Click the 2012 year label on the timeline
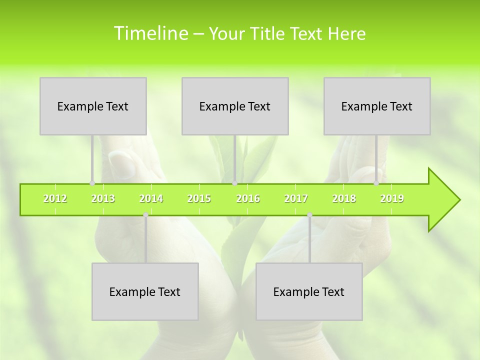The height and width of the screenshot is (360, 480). coord(55,198)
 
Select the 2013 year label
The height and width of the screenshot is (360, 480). coord(103,198)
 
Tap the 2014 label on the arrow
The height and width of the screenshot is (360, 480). coord(151,198)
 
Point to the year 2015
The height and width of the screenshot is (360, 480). coord(199,198)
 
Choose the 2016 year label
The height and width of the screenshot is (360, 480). coord(248,198)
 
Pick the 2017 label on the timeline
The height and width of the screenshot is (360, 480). coord(296,198)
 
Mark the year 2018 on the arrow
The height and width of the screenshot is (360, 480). coord(344,198)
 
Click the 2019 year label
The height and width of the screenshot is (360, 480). coord(392,198)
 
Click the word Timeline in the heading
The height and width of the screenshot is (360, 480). coord(150,33)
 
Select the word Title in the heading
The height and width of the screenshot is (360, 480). coord(268,34)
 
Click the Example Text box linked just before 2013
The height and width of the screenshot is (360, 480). coord(93,106)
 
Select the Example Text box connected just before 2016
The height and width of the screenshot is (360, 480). coord(235,106)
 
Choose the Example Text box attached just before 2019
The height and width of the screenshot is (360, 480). coord(377,106)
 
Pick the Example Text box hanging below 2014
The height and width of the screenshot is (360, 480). coord(145,291)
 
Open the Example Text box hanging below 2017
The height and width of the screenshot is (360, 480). coord(309,291)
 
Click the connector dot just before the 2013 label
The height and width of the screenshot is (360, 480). coord(92,183)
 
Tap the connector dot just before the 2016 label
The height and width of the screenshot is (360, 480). coord(235,183)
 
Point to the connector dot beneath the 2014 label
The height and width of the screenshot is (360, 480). coord(145,215)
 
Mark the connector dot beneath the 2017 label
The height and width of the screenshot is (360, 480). coord(309,215)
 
